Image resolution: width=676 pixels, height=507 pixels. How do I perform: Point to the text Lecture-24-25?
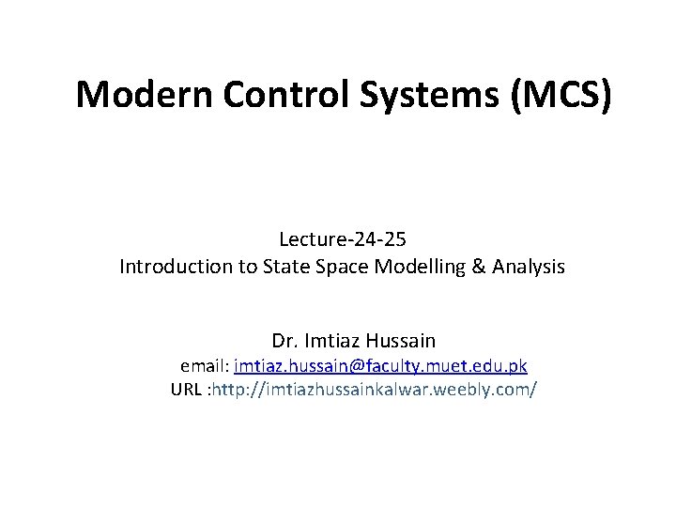342,240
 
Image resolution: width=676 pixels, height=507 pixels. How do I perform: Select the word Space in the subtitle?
342,267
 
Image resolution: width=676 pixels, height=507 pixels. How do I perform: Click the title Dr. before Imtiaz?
284,340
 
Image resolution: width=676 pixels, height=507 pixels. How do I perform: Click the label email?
204,365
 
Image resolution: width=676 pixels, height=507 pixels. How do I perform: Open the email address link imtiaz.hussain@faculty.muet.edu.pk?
380,365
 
